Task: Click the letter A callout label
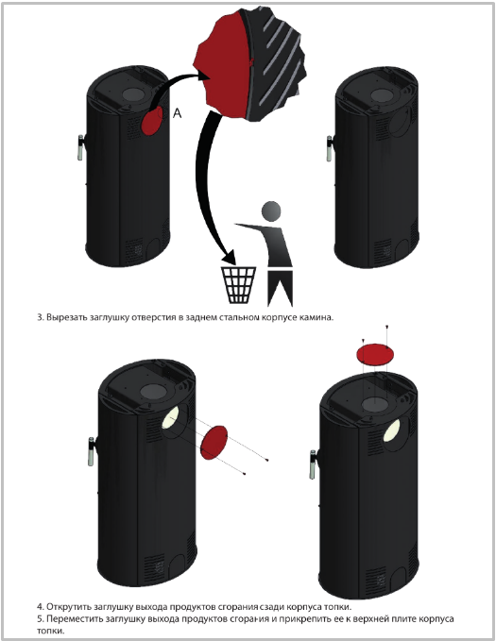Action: click(x=177, y=113)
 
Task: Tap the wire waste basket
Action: click(x=238, y=284)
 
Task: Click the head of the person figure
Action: click(x=271, y=211)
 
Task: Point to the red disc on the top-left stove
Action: click(x=152, y=121)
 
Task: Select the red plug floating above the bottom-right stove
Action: click(x=375, y=354)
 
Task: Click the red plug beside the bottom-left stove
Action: click(x=214, y=443)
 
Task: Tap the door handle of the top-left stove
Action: click(x=80, y=147)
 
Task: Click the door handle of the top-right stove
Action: click(x=330, y=148)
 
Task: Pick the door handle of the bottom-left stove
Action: click(x=92, y=451)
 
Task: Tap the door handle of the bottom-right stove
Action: click(x=313, y=464)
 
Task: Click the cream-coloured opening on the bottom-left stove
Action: click(x=170, y=418)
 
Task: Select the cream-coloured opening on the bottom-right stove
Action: click(x=392, y=430)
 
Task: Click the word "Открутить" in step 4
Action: click(x=68, y=607)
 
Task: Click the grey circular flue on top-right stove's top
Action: click(x=382, y=95)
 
